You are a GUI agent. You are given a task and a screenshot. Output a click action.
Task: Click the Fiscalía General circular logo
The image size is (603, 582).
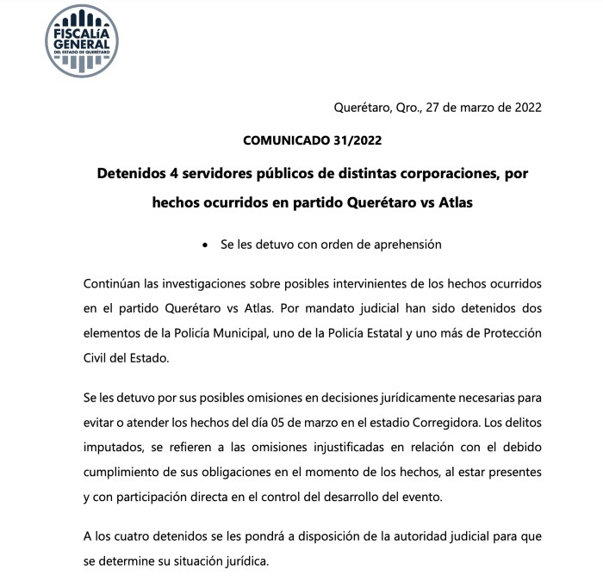[x=82, y=40]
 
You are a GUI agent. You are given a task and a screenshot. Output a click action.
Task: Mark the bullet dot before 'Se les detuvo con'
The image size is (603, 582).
[x=204, y=245]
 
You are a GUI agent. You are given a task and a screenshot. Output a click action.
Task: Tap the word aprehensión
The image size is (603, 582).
[x=401, y=245]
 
